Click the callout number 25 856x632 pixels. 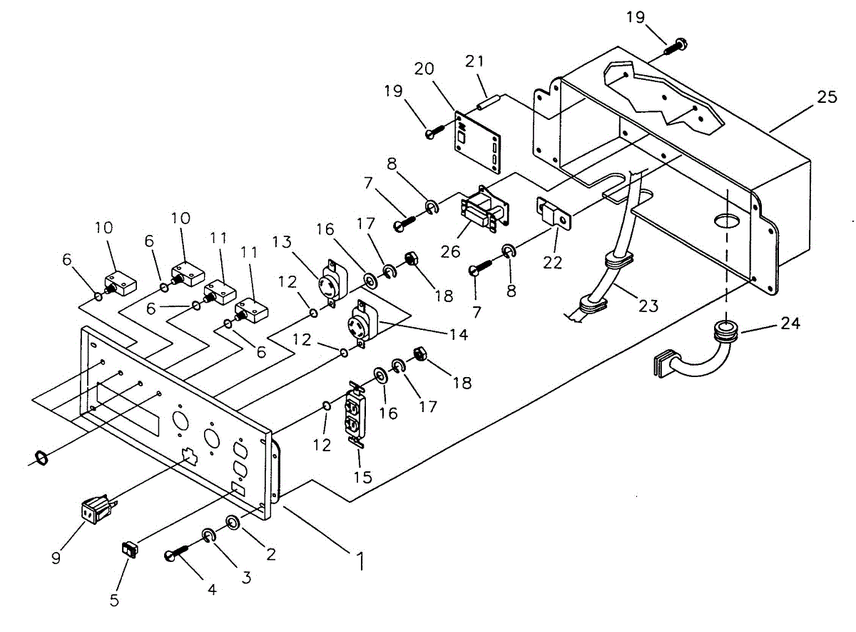[827, 97]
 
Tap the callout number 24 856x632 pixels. [790, 323]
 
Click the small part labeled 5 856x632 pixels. [130, 549]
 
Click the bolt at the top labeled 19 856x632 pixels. [676, 46]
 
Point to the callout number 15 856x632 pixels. [363, 476]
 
